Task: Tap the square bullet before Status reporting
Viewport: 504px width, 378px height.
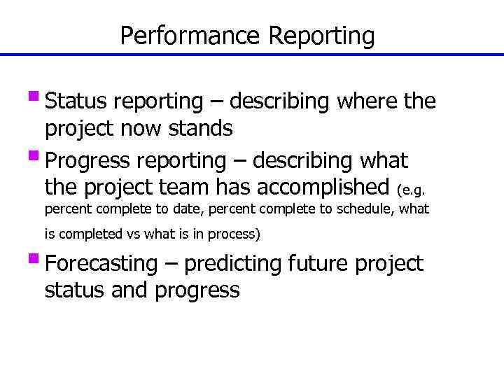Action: (36, 96)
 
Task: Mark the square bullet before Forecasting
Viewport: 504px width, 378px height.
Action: (36, 258)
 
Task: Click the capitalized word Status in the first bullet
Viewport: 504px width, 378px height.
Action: (72, 101)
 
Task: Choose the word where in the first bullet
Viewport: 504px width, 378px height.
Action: (367, 101)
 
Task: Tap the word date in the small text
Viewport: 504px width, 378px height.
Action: (188, 210)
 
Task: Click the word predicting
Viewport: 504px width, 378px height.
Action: (239, 264)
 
